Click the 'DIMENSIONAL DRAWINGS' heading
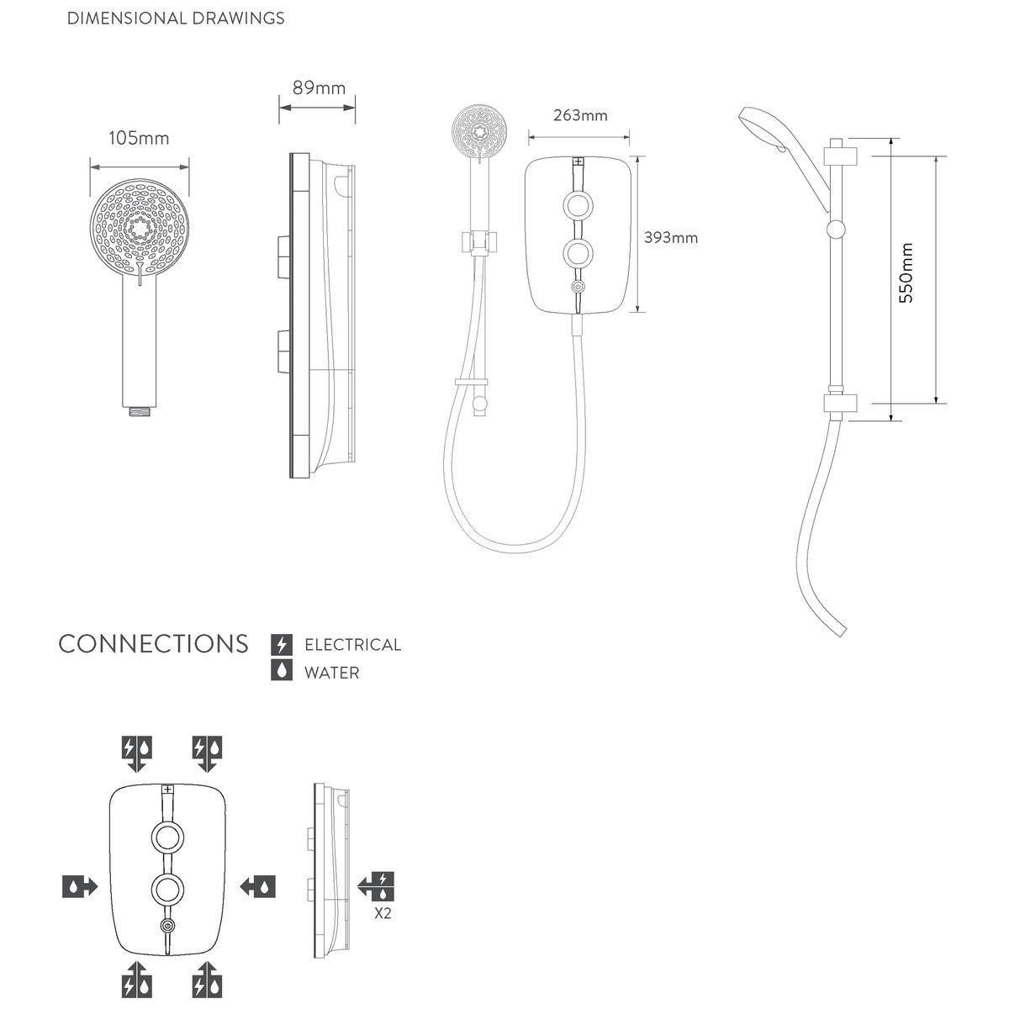click(176, 18)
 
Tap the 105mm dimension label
click(139, 138)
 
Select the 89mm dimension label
click(319, 88)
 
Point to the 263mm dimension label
click(580, 115)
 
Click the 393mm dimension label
click(671, 238)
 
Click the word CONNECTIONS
click(153, 644)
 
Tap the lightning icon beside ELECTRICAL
click(282, 644)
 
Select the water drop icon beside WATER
click(282, 671)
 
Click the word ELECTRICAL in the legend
click(353, 645)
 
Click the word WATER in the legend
click(332, 673)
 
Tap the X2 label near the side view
click(383, 914)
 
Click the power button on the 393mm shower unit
click(578, 287)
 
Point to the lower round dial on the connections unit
click(167, 889)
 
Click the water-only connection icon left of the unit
click(80, 887)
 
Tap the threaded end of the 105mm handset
click(139, 411)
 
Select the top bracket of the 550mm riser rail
click(841, 156)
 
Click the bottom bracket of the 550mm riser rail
click(841, 404)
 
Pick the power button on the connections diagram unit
click(167, 926)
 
